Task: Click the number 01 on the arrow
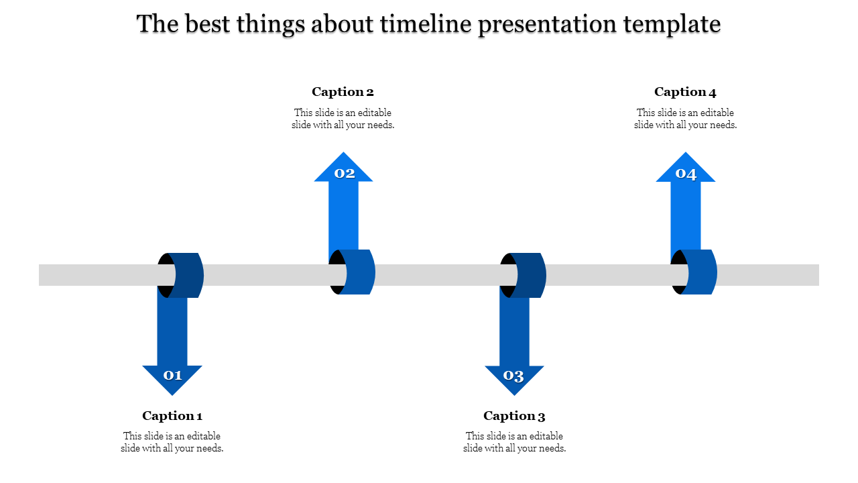pyautogui.click(x=173, y=375)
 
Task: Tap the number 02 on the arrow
pyautogui.click(x=345, y=173)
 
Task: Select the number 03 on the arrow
pyautogui.click(x=513, y=376)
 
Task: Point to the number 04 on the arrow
pyautogui.click(x=686, y=174)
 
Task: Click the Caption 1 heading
pyautogui.click(x=172, y=415)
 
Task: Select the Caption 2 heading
pyautogui.click(x=343, y=92)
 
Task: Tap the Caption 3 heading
pyautogui.click(x=514, y=415)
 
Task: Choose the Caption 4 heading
pyautogui.click(x=685, y=92)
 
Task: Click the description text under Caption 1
pyautogui.click(x=172, y=442)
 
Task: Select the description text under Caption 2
pyautogui.click(x=343, y=119)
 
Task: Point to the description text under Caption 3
pyautogui.click(x=514, y=442)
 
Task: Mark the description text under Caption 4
pyautogui.click(x=685, y=119)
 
